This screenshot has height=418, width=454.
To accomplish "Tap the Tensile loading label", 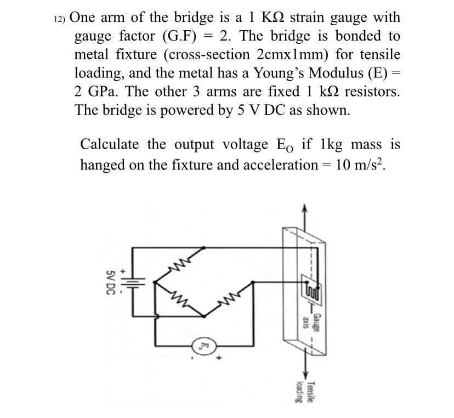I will click(305, 391).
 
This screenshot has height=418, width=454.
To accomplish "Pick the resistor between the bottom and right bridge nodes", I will click(229, 299).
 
